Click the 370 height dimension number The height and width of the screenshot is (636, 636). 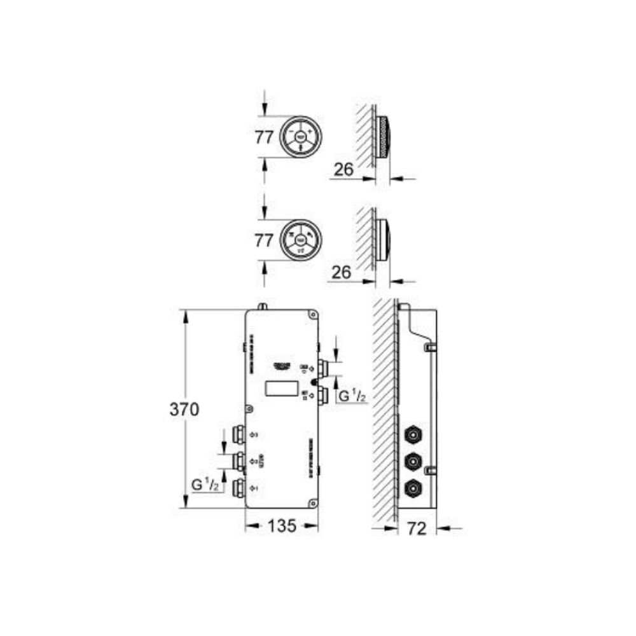[184, 410]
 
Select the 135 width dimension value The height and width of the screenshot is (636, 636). [282, 525]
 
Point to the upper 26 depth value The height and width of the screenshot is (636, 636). [343, 169]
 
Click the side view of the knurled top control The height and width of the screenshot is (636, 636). [384, 138]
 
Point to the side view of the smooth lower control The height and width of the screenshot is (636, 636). [383, 240]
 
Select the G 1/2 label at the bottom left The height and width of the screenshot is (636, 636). [207, 485]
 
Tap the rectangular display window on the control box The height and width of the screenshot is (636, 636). [282, 388]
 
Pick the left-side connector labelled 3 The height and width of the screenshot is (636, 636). [240, 434]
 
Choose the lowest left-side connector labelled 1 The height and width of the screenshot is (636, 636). [240, 488]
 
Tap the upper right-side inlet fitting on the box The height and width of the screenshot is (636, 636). [322, 368]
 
